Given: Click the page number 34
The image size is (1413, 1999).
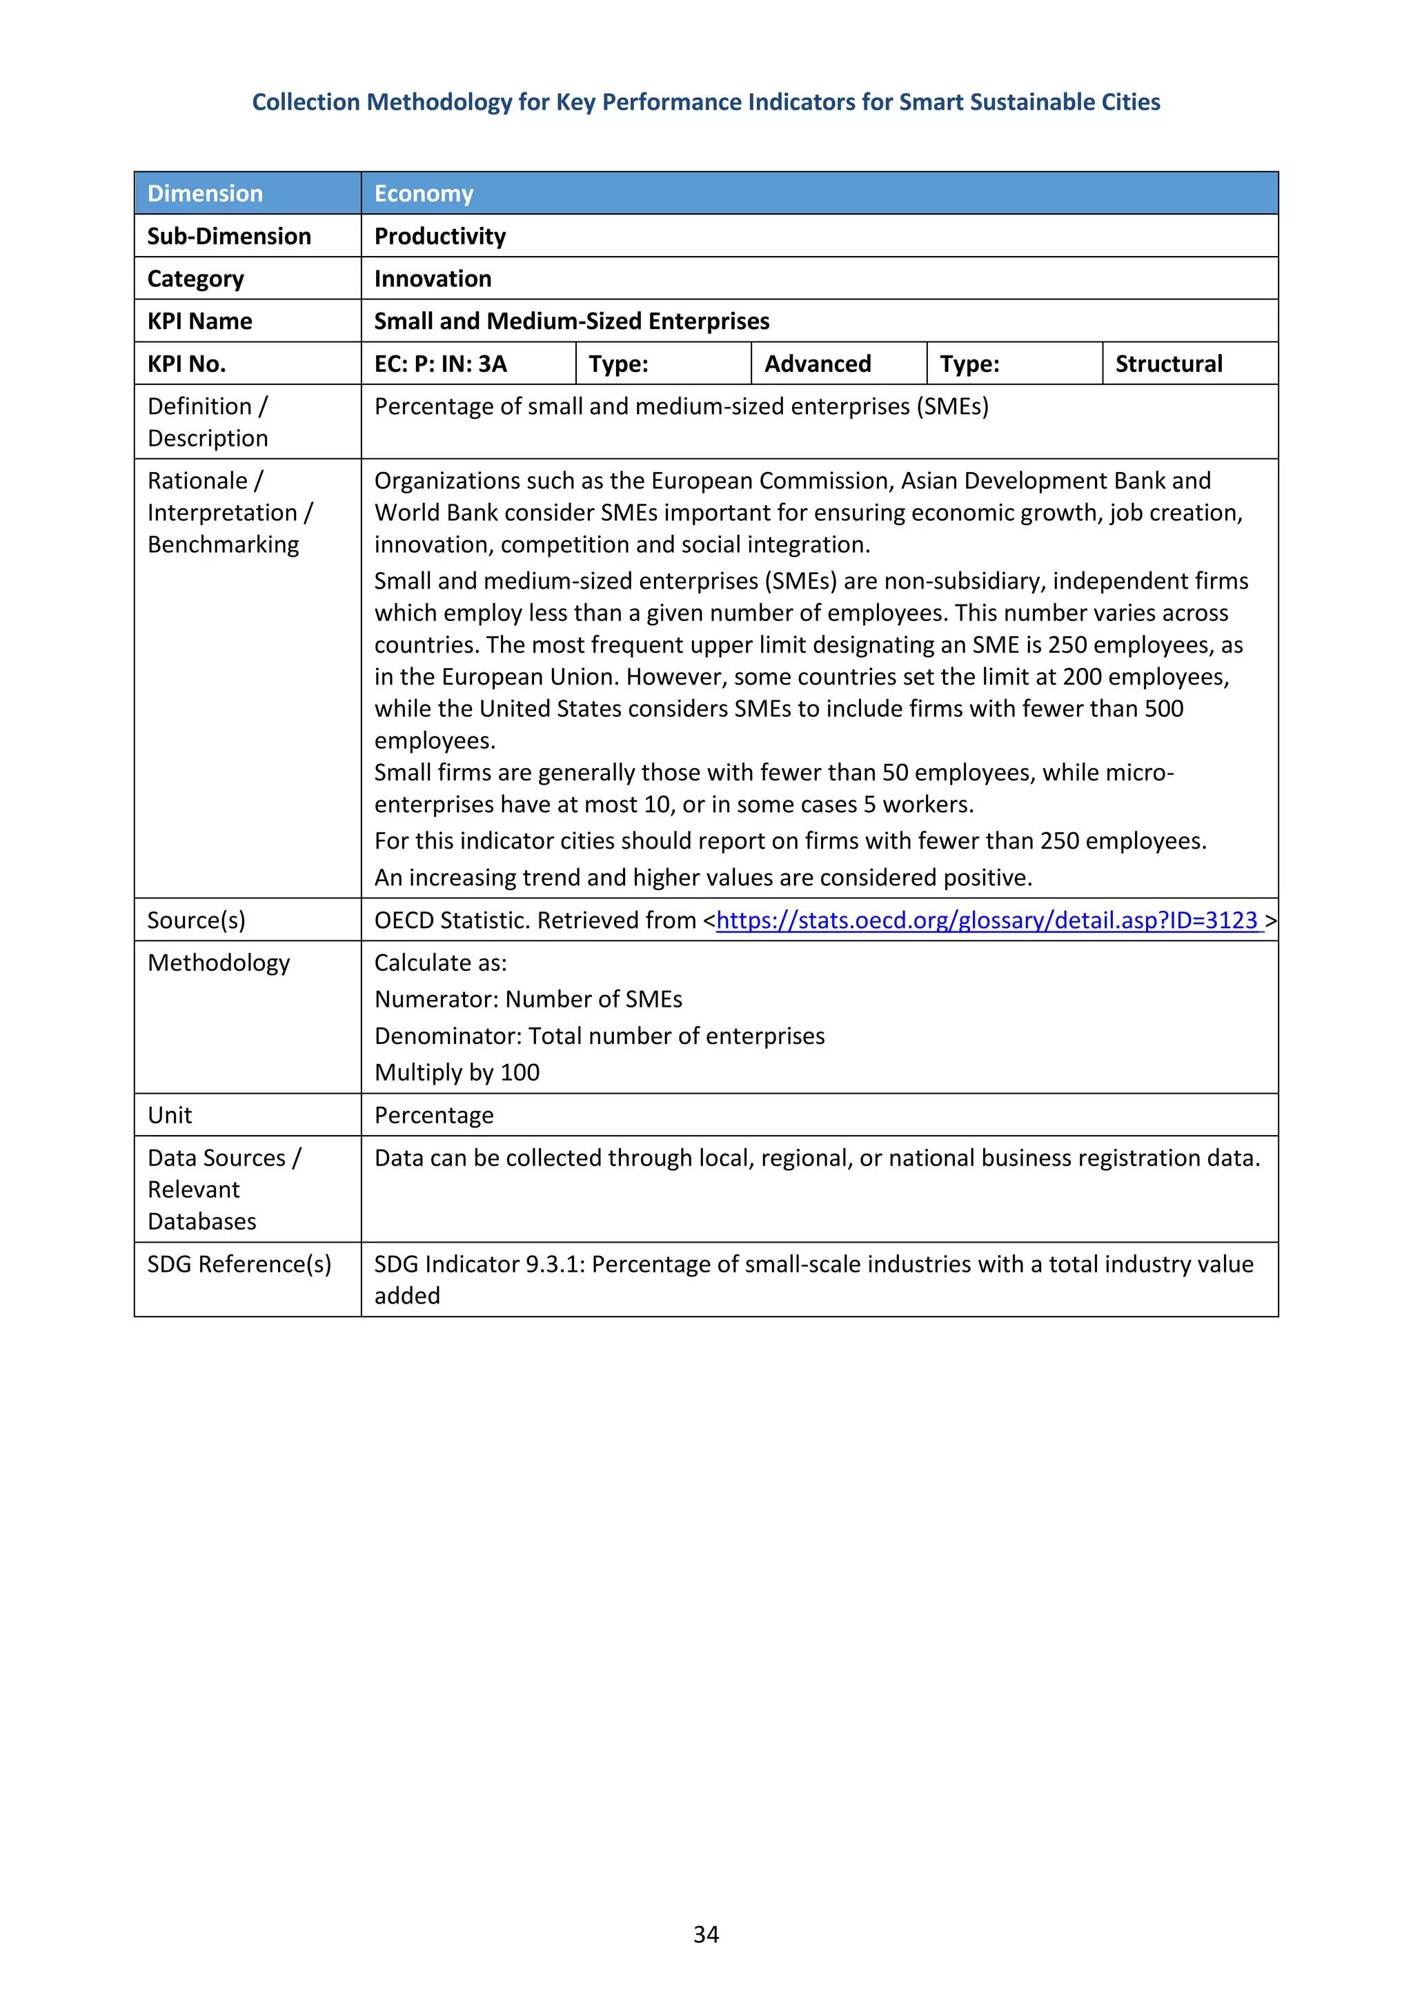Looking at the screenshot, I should (x=705, y=1933).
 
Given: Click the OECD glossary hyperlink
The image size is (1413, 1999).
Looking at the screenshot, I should (x=988, y=920).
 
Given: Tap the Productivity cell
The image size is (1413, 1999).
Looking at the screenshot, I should (x=439, y=236).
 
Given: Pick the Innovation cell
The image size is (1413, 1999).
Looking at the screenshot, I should (x=433, y=279).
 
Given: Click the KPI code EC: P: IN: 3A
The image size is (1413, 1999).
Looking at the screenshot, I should (x=441, y=364).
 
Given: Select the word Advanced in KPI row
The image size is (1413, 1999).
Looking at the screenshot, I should (x=817, y=364).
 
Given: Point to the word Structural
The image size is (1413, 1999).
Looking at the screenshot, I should (x=1168, y=364).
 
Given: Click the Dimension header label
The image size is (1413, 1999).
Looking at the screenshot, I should (x=205, y=193).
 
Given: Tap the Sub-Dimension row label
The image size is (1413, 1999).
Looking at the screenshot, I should (x=229, y=236).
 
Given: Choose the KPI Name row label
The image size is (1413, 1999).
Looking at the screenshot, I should (x=199, y=322).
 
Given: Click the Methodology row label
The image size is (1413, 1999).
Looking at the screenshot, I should (x=219, y=963).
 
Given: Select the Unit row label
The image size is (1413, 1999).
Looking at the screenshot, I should (x=170, y=1115).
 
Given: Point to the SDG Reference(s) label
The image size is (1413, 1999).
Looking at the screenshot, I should (x=239, y=1264).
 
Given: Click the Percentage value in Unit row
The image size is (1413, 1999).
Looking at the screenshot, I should (x=433, y=1115).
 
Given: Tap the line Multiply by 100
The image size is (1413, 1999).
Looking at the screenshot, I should (x=457, y=1072).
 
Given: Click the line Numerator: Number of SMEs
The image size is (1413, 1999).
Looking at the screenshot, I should (x=528, y=999).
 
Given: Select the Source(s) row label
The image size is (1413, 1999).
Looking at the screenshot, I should (x=196, y=920).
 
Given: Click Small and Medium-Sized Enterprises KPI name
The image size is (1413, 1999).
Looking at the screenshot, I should (x=571, y=322).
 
